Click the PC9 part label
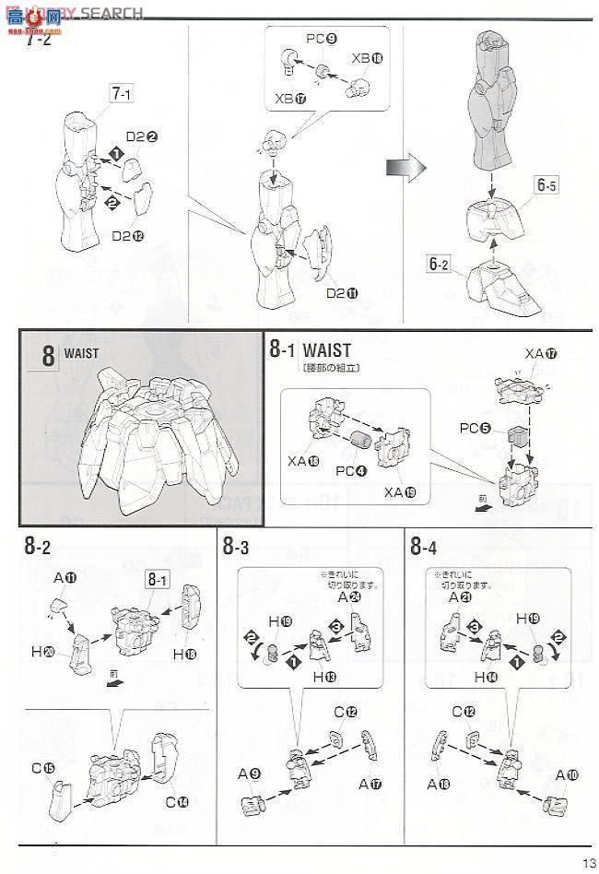coord(320,40)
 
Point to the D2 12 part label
coord(127,235)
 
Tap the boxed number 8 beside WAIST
coord(48,356)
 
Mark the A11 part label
coord(65,577)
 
